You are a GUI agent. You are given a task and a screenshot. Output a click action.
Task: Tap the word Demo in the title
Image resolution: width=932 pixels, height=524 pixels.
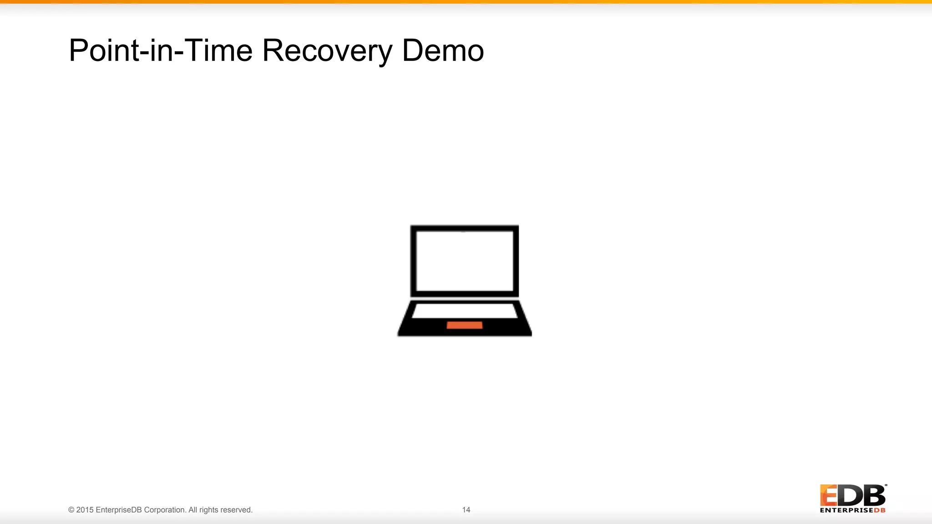(442, 50)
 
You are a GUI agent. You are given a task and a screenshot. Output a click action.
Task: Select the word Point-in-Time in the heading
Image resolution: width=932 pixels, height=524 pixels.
(160, 50)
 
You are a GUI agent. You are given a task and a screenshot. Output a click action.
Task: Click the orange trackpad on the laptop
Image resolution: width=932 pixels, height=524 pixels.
(464, 325)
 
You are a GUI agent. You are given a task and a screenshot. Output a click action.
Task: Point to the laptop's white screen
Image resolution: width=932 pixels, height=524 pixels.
(464, 261)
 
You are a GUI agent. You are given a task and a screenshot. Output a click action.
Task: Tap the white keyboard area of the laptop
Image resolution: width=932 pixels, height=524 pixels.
(464, 311)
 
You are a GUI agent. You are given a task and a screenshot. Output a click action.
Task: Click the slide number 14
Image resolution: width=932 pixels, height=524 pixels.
(466, 510)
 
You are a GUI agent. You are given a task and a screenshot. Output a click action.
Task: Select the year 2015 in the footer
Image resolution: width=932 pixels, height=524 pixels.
(85, 510)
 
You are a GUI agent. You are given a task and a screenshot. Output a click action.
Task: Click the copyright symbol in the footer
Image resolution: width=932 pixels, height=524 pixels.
(71, 510)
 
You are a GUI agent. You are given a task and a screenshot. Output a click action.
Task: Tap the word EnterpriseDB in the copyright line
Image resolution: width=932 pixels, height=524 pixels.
(119, 510)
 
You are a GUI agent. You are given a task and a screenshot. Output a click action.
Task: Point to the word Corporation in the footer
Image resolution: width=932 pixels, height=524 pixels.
(165, 510)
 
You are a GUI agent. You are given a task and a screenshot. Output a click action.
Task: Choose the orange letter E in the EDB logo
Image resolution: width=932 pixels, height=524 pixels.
(828, 495)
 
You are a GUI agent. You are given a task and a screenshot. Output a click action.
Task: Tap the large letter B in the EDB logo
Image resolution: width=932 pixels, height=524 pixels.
(874, 495)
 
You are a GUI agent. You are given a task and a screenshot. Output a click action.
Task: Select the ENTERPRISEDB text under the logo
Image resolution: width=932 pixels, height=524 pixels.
(852, 510)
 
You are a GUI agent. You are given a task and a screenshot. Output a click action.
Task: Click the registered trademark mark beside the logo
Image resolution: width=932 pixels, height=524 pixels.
(886, 485)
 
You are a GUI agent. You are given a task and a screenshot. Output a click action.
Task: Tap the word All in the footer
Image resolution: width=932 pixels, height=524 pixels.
(193, 510)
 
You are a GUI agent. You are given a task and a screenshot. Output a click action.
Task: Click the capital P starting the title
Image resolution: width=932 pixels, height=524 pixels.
(78, 50)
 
